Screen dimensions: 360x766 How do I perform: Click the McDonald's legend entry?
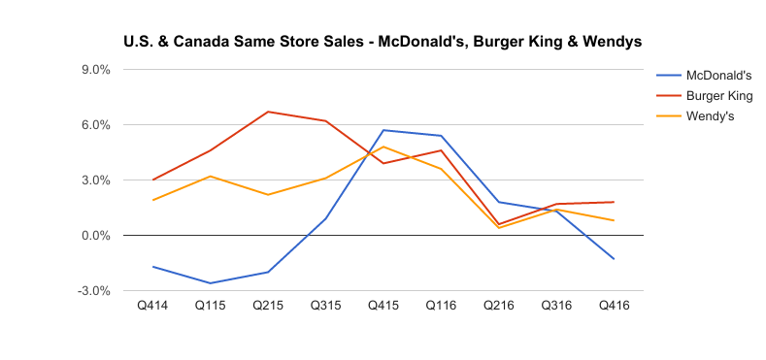click(718, 76)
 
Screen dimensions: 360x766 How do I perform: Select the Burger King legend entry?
click(718, 96)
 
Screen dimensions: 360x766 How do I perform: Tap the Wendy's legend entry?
click(710, 116)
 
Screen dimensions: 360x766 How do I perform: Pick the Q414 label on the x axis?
click(152, 306)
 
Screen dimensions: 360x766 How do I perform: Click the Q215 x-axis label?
click(268, 306)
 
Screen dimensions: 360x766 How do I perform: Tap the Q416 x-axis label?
click(614, 306)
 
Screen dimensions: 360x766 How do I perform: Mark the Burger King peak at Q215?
click(268, 112)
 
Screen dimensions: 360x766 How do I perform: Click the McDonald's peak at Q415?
click(383, 130)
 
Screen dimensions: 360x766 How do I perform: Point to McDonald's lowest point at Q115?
click(211, 283)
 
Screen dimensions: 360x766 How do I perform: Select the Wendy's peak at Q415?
click(383, 147)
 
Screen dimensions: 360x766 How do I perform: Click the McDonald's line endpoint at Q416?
click(614, 259)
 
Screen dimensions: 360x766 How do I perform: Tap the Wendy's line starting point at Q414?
click(152, 200)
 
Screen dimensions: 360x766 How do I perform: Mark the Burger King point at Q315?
click(326, 121)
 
